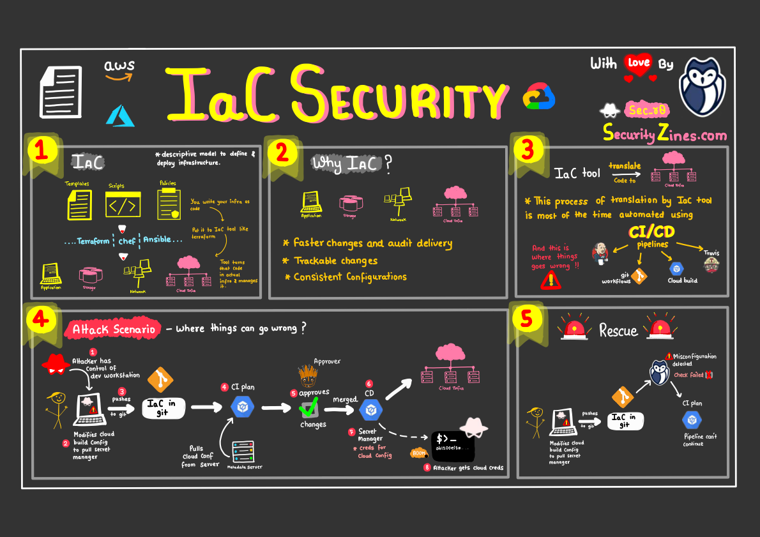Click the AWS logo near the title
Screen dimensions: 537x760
pos(120,70)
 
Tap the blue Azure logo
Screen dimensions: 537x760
pos(121,115)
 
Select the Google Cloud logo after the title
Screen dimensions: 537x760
pos(540,96)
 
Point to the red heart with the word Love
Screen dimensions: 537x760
pos(639,64)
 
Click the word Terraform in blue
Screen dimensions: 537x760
pos(93,241)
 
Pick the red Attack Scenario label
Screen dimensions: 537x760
pos(112,329)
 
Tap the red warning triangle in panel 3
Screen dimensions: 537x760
pos(549,280)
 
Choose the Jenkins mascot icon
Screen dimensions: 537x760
pos(600,253)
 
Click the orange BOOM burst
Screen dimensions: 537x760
pos(419,453)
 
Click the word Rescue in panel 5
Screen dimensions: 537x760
pos(618,331)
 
